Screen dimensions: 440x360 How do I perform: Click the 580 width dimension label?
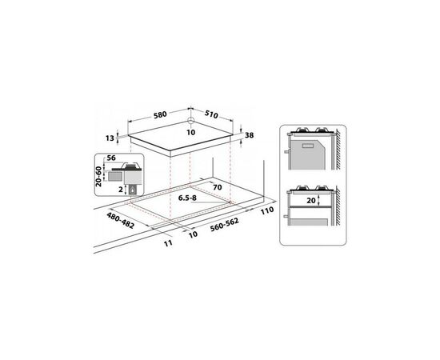coord(160,114)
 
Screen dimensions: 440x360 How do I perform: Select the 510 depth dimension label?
coord(211,114)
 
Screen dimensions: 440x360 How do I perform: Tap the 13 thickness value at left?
coord(110,138)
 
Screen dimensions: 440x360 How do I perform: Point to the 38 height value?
coord(249,135)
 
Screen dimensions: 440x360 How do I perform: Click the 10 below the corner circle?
coord(191,133)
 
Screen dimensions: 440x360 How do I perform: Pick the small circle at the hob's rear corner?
coord(191,120)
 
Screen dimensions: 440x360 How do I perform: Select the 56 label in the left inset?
coord(111,158)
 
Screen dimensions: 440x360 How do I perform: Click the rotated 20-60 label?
coord(98,177)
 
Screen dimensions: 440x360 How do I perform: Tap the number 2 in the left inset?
coord(121,190)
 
